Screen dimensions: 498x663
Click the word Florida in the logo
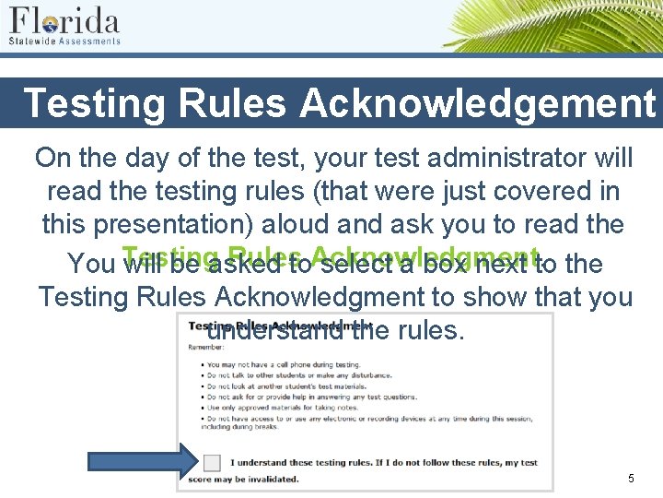64,20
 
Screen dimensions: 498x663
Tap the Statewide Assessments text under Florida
64,41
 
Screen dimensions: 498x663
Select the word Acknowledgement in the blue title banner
477,103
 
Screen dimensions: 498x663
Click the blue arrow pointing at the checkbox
144,461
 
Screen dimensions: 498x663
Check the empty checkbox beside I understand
212,462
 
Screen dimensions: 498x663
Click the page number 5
631,479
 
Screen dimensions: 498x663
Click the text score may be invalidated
243,479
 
